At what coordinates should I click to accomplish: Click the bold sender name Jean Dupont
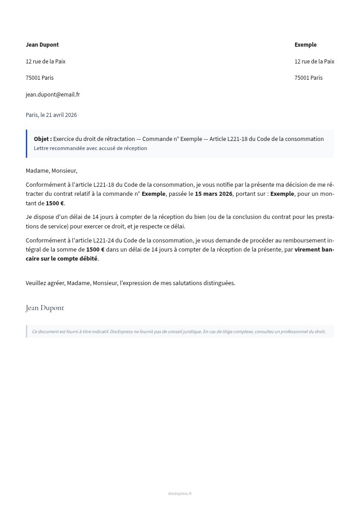pos(42,45)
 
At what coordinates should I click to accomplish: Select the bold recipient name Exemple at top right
pos(306,45)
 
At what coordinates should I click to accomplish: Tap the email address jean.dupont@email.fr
pos(53,95)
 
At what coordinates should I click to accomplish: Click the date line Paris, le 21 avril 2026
pos(51,115)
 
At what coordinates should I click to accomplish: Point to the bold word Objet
pos(43,139)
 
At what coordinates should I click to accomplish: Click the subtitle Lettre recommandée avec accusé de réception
pos(90,148)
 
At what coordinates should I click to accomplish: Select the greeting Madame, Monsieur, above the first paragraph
pos(51,171)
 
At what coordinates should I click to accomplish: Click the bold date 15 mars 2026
pos(214,194)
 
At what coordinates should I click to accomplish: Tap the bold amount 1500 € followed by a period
pos(55,204)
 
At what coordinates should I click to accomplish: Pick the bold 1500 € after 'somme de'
pos(95,250)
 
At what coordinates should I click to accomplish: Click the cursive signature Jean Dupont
pos(45,308)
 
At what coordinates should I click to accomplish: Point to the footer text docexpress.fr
pos(180,494)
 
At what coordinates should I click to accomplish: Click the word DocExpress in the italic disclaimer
pos(121,332)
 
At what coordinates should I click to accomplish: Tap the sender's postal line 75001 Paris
pos(39,78)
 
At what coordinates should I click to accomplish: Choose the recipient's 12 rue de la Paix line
pos(314,62)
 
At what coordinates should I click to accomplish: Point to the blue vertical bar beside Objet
pos(27,144)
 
